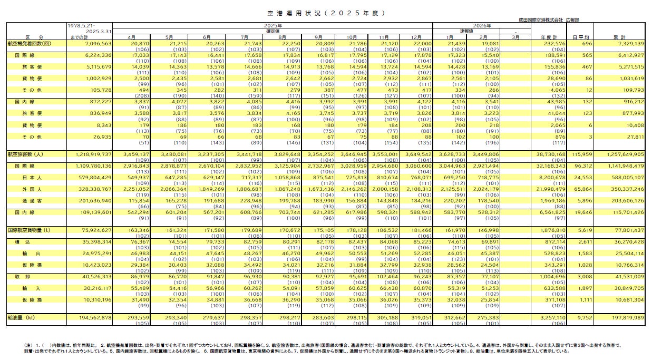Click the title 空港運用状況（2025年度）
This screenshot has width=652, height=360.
pyautogui.click(x=325, y=12)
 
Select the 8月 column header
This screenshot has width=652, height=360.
pyautogui.click(x=281, y=37)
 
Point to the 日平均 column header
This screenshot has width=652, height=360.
pyautogui.click(x=581, y=37)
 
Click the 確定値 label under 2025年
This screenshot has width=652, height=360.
pyautogui.click(x=273, y=31)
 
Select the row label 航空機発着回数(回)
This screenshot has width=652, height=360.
pyautogui.click(x=30, y=43)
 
